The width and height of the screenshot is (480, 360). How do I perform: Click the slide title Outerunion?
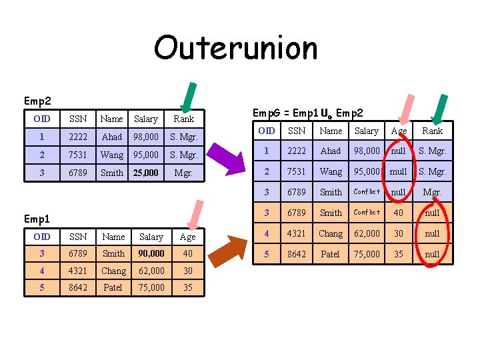click(236, 48)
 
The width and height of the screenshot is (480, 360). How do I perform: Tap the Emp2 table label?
click(37, 101)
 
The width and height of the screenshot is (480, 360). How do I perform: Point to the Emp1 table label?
click(37, 219)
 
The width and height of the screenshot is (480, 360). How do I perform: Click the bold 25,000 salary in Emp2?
click(146, 173)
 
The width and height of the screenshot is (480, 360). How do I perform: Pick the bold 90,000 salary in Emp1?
click(151, 253)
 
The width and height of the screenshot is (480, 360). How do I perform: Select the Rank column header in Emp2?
click(183, 119)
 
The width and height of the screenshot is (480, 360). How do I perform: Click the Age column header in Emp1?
click(188, 237)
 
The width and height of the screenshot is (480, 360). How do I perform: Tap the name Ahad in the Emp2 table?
click(111, 137)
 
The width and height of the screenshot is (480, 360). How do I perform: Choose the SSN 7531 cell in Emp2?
click(78, 155)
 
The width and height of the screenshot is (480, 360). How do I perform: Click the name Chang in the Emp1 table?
click(113, 271)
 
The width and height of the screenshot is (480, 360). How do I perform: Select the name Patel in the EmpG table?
click(330, 254)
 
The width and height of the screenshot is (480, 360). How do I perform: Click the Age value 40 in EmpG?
click(399, 213)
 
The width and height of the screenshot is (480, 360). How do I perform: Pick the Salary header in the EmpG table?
click(366, 131)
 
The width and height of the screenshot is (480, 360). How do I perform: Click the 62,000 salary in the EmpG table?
click(366, 233)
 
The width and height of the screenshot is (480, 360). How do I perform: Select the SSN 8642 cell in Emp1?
click(78, 287)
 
